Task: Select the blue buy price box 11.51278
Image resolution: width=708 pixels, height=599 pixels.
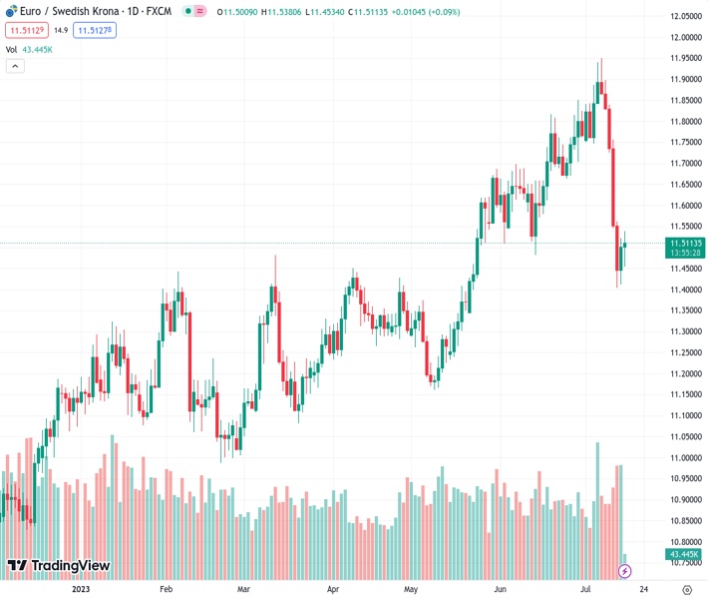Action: pos(95,31)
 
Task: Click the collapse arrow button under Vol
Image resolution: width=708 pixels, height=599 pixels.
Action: pos(15,66)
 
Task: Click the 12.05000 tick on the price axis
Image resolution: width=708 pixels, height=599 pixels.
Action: pos(686,16)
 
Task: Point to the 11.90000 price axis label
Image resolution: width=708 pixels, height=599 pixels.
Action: pos(686,79)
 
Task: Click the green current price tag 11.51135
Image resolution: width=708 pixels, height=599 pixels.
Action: pos(686,243)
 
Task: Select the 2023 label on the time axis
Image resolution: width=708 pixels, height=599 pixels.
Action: pos(82,589)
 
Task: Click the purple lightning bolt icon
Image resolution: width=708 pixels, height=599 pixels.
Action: pos(625,570)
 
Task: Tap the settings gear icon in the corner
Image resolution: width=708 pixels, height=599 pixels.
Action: pos(686,589)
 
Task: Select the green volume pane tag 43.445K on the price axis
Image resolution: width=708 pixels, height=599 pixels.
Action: pos(686,553)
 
